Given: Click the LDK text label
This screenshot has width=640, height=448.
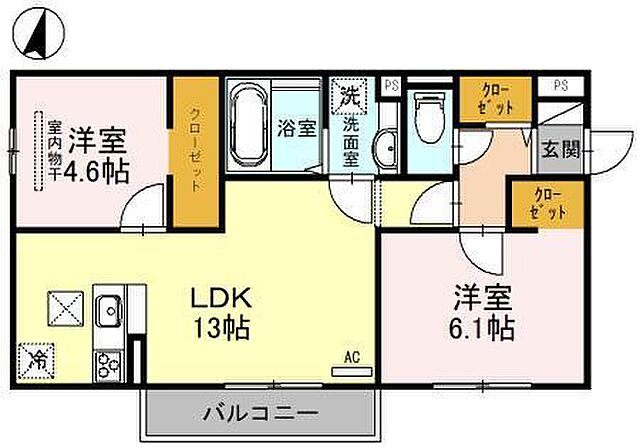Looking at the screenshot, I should [x=222, y=298].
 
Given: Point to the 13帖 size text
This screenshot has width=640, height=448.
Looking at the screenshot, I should [x=222, y=327].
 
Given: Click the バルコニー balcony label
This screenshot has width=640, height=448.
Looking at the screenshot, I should [x=261, y=413].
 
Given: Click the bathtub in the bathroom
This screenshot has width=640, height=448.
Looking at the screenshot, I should [x=247, y=128].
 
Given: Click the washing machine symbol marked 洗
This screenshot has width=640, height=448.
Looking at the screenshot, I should [x=350, y=96].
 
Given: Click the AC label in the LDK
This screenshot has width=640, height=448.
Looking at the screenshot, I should [x=351, y=355].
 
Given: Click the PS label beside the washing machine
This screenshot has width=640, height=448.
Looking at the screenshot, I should [x=391, y=85].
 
